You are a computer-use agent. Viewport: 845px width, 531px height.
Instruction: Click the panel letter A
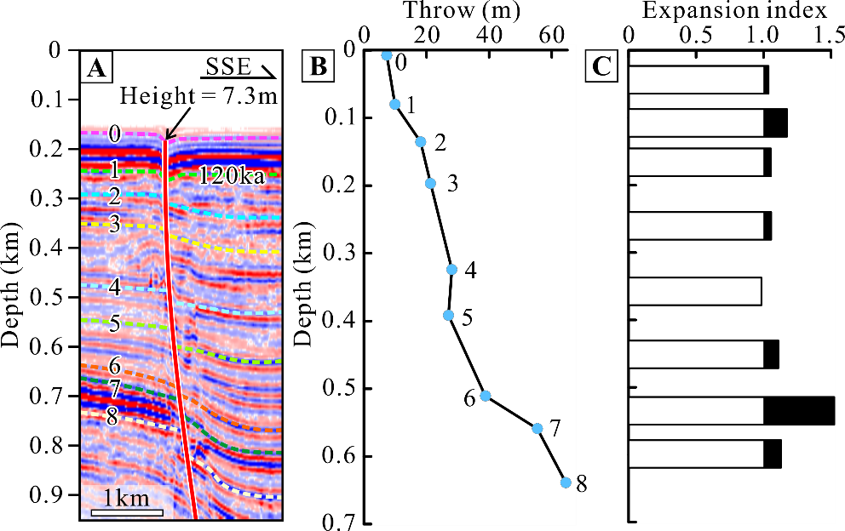point(96,66)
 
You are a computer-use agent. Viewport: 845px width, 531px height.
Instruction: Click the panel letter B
point(319,66)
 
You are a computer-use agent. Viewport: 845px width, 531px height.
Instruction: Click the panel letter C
point(601,66)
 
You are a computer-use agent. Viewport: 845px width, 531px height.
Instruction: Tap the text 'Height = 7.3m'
point(199,96)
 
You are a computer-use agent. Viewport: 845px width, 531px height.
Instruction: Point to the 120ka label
point(232,177)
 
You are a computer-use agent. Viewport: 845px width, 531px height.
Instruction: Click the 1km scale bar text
point(126,498)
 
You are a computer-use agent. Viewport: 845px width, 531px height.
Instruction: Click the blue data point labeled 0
point(386,55)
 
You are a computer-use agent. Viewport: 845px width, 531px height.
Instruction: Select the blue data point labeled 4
point(451,270)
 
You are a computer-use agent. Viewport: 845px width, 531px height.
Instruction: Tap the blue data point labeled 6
point(485,396)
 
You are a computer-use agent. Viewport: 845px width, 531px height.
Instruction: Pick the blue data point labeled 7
point(537,428)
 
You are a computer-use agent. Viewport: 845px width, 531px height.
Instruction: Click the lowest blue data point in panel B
point(565,482)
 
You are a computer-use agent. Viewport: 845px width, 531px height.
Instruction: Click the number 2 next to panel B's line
point(440,143)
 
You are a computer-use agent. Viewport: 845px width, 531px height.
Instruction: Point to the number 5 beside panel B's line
point(467,318)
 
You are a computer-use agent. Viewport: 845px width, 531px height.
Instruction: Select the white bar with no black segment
point(695,291)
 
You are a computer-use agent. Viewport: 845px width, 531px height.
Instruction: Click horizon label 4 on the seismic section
point(114,285)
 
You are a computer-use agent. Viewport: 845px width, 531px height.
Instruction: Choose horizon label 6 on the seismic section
point(114,367)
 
